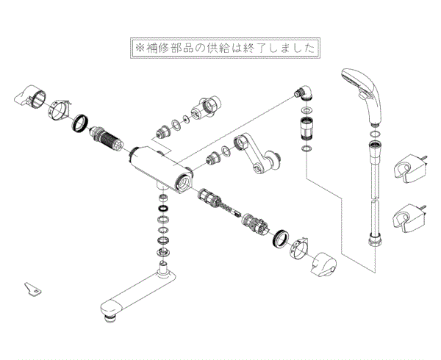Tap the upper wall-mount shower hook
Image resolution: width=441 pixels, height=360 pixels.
(409, 169)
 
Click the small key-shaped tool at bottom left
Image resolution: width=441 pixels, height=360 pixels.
(32, 289)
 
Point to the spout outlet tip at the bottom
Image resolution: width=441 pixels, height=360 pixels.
(110, 319)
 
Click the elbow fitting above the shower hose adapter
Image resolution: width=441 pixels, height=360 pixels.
(303, 93)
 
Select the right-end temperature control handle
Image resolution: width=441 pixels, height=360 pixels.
(323, 264)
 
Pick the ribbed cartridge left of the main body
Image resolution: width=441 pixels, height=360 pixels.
(107, 137)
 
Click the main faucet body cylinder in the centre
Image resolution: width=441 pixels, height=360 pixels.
(161, 169)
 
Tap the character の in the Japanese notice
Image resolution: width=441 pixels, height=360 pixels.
(199, 48)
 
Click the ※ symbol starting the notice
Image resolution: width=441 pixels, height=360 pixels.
(139, 48)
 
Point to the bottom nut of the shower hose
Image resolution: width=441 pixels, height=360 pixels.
(375, 241)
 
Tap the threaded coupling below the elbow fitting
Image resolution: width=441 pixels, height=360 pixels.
(306, 128)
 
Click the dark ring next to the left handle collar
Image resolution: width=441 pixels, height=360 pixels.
(80, 123)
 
